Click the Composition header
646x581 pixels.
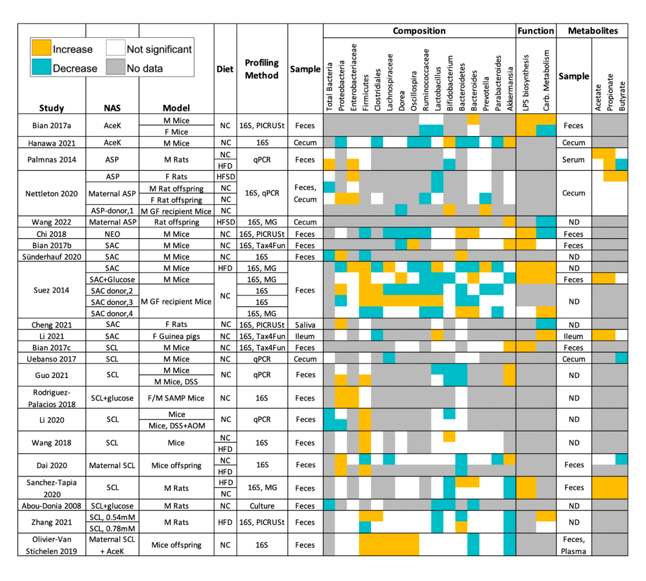pyautogui.click(x=419, y=31)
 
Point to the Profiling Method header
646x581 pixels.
pyautogui.click(x=262, y=69)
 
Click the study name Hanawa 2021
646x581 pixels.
pyautogui.click(x=52, y=143)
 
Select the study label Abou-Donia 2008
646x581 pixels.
pyautogui.click(x=52, y=506)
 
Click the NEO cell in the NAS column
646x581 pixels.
pyautogui.click(x=112, y=233)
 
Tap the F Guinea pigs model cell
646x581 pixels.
pyautogui.click(x=176, y=335)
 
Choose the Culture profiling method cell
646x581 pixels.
pyautogui.click(x=262, y=506)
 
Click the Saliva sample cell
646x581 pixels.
pyautogui.click(x=305, y=324)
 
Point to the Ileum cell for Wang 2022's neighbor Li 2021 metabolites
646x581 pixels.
pyautogui.click(x=574, y=335)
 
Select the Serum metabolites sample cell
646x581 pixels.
pyautogui.click(x=574, y=160)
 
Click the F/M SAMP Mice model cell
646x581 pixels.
pyautogui.click(x=176, y=398)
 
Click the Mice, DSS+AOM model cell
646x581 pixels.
pyautogui.click(x=176, y=425)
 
